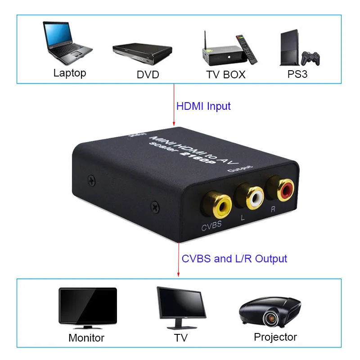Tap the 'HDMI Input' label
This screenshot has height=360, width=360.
[x=203, y=106]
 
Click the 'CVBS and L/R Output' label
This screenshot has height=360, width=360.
[x=234, y=258]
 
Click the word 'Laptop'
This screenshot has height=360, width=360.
[x=69, y=73]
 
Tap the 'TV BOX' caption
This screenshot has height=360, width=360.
[x=226, y=74]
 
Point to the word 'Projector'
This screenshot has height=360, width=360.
[x=275, y=337]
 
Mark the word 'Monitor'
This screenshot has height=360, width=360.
[x=86, y=337]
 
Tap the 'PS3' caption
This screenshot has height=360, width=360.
[x=297, y=74]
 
